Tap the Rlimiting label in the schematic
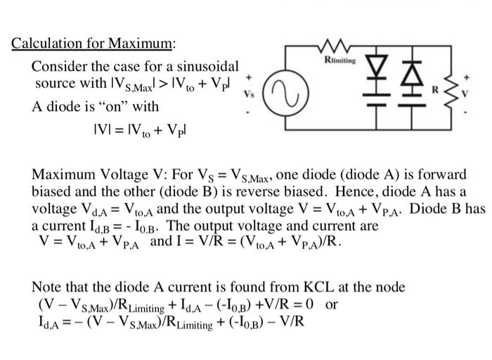[340, 61]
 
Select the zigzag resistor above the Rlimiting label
[339, 49]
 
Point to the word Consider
[58, 66]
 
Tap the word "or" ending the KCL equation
[331, 305]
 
